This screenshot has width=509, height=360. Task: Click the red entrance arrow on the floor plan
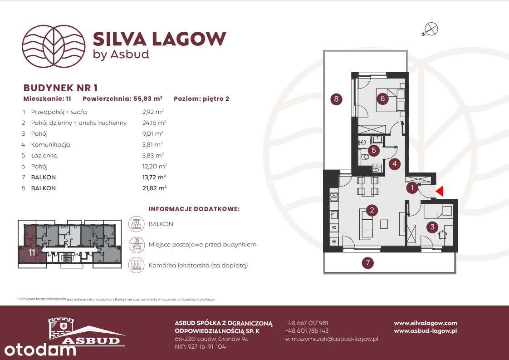[x=440, y=192]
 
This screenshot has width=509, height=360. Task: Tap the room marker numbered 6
[x=382, y=98]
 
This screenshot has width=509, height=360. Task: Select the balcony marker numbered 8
[x=336, y=99]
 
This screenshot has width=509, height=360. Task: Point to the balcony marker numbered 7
[x=368, y=262]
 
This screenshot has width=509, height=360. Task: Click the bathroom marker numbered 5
[x=374, y=150]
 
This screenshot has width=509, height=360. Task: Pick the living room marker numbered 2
[x=372, y=210]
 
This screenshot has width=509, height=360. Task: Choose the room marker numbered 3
[x=432, y=227]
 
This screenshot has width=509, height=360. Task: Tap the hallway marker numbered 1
[x=412, y=187]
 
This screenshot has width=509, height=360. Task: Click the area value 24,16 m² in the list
[x=154, y=123]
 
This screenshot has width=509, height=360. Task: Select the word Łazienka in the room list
[x=44, y=155]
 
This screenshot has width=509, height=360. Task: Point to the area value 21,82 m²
[x=154, y=188]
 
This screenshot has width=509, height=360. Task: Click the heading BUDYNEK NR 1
[x=60, y=88]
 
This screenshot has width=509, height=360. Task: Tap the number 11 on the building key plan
[x=31, y=252]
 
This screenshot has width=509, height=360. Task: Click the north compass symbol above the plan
[x=431, y=29]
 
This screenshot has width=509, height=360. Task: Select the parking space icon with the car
[x=137, y=245]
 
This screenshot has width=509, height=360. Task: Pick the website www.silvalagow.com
[x=426, y=323]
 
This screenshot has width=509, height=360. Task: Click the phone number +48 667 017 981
[x=307, y=323]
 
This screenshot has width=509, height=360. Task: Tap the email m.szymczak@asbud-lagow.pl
[x=332, y=339]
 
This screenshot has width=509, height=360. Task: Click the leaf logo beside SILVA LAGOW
[x=54, y=46]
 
